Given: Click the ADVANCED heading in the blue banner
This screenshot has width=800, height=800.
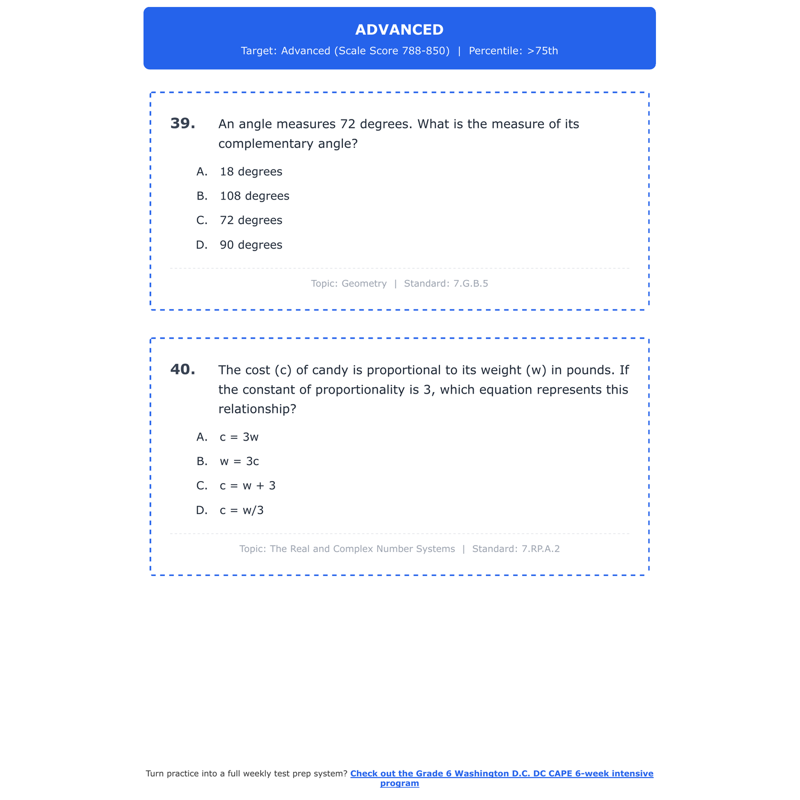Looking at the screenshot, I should click(399, 30).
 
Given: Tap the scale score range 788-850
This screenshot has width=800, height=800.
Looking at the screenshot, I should click(425, 51).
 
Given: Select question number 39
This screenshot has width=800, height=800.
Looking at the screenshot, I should click(182, 124).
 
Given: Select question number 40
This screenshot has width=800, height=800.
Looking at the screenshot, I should click(182, 370).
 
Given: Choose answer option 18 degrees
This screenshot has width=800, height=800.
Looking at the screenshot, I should click(251, 172).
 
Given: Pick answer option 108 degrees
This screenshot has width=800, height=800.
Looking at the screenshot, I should click(254, 196).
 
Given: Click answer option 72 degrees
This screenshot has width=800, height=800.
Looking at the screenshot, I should click(251, 221).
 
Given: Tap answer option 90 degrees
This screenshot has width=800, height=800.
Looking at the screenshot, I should click(251, 245).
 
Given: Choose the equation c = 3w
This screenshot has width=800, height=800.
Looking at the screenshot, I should click(239, 437).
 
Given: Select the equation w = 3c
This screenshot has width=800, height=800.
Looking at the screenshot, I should click(239, 462).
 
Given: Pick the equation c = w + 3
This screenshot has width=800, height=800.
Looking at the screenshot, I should click(247, 486).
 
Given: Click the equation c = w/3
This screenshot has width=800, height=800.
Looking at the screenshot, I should click(242, 511).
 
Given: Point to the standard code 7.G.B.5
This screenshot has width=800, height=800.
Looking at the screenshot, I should click(470, 284).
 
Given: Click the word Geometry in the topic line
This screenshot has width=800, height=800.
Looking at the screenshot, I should click(364, 284).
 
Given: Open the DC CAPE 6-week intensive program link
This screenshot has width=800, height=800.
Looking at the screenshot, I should click(501, 774).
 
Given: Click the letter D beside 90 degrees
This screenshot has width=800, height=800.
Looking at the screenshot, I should click(201, 245).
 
